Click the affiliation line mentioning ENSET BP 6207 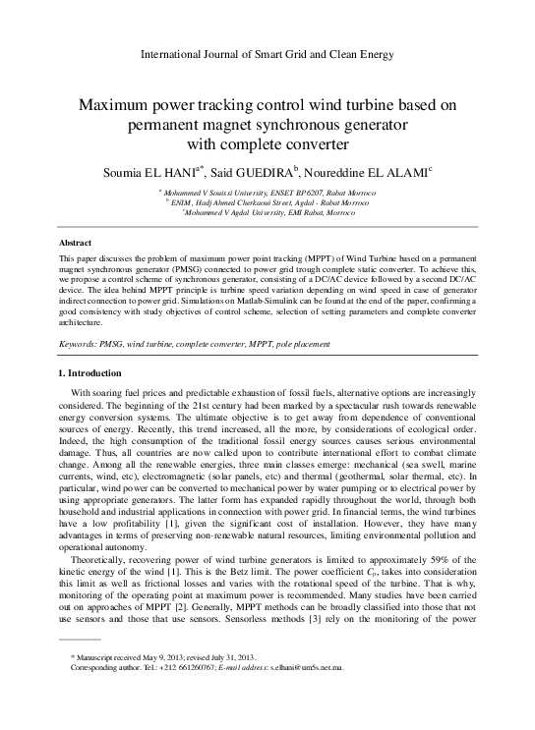tap(267, 195)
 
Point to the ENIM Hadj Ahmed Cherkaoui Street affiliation tap(267, 203)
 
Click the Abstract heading tap(76, 242)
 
